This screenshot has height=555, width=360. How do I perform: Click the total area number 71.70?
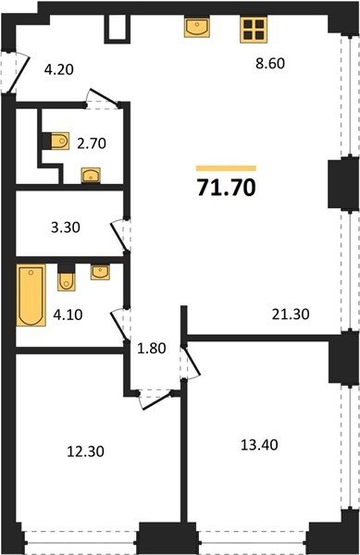point(226,187)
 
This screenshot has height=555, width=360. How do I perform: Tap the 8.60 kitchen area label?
point(270,63)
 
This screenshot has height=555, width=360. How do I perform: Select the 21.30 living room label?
point(291,314)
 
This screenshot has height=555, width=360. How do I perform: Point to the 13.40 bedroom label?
point(259,445)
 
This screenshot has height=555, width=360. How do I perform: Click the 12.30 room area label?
point(86,451)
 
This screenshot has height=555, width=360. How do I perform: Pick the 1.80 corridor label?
point(152,349)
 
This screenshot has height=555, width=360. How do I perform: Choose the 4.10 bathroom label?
point(68,314)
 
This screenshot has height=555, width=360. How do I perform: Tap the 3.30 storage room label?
point(66,228)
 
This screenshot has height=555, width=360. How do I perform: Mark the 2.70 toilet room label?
point(92,143)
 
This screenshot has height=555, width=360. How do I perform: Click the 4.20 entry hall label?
point(58,69)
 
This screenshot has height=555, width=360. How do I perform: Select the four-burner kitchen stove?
point(254,31)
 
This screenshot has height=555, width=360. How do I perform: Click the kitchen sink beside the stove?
point(197,28)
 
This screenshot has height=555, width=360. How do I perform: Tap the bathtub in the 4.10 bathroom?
point(31,295)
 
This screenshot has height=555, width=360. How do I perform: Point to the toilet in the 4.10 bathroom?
point(67,277)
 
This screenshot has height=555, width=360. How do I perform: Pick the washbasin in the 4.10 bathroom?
point(100,272)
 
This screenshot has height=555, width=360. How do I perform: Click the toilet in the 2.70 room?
point(56,142)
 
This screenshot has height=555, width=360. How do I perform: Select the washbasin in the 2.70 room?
point(91,176)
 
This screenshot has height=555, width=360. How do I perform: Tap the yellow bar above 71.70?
point(226,168)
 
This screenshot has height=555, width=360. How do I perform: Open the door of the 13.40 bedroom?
point(192,362)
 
